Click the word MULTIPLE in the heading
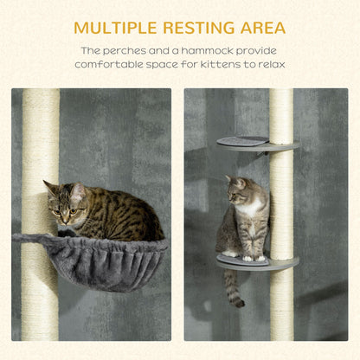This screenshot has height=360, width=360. point(115,28)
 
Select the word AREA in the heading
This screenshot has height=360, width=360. point(263,28)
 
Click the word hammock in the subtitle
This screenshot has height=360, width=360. point(208,51)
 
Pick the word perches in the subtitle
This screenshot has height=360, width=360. point(125,52)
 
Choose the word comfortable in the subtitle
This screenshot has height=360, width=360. point(109,64)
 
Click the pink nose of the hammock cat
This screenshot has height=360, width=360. point(66,222)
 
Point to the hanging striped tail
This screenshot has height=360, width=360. point(233,288)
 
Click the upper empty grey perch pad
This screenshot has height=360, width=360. point(243,141)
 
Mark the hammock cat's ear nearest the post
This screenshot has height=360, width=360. point(49,187)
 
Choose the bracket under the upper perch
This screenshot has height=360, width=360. point(262,154)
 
